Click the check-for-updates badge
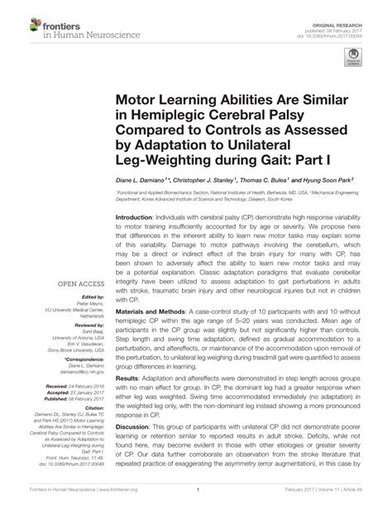353,57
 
